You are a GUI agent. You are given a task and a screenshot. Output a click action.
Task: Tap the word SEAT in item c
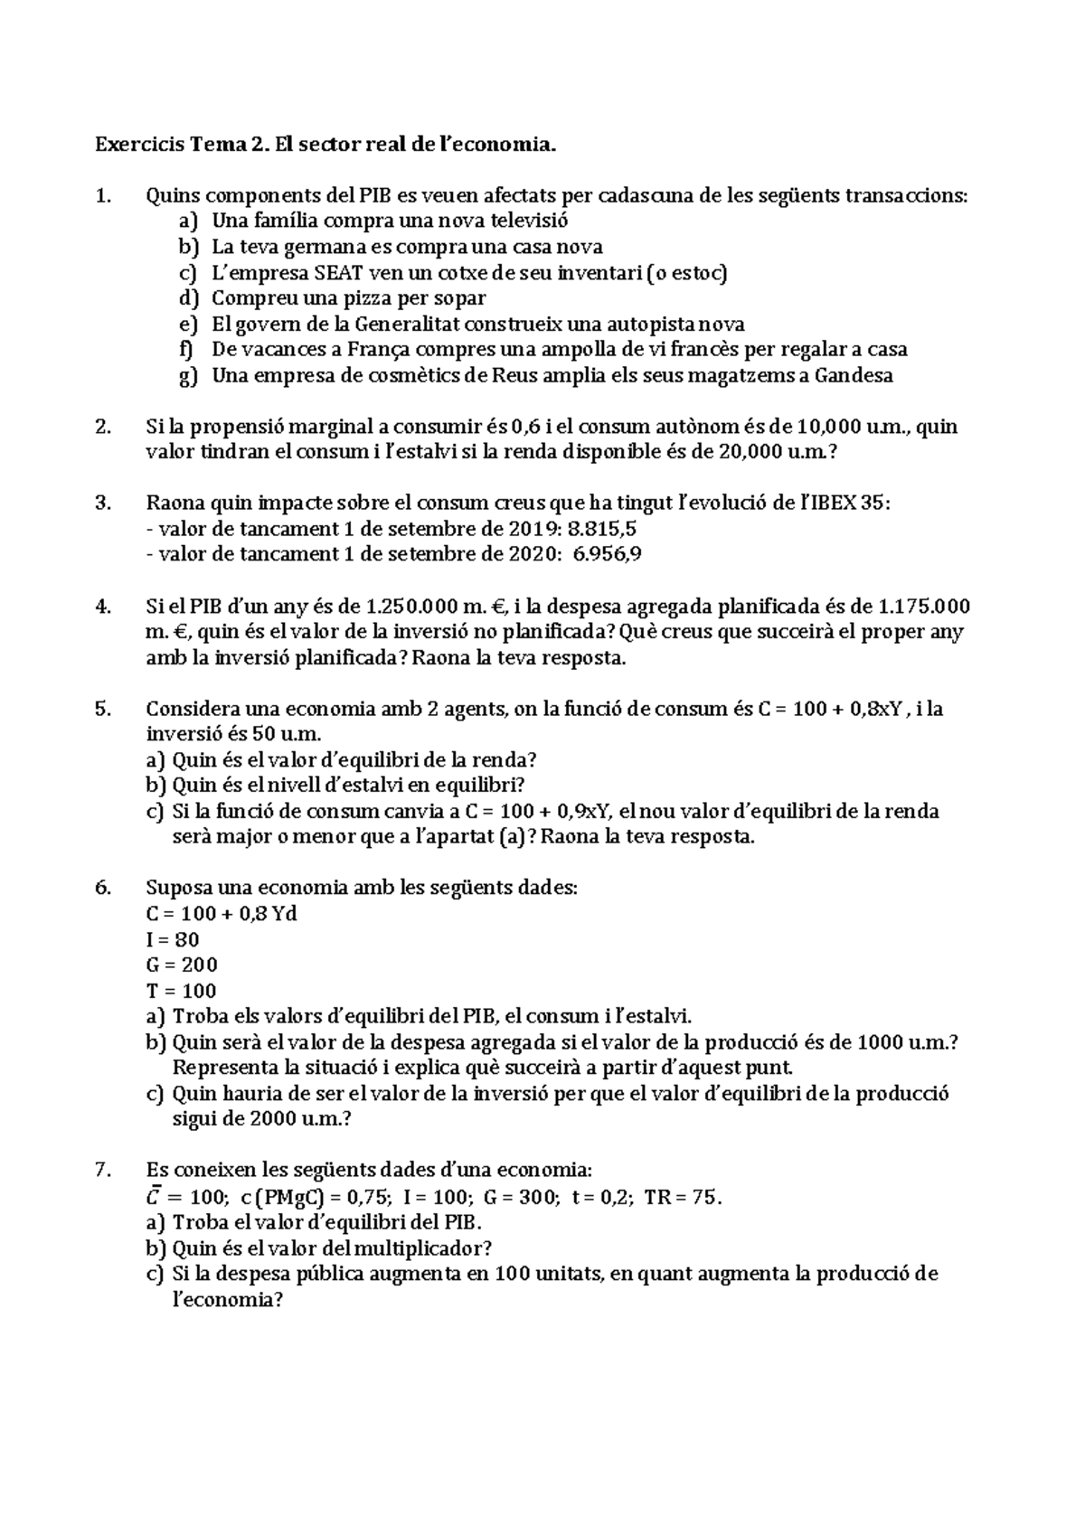[339, 272]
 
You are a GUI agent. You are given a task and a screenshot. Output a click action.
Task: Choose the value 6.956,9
[608, 554]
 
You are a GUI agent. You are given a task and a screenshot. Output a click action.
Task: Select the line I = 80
[173, 939]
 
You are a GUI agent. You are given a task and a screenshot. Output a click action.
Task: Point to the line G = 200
[182, 965]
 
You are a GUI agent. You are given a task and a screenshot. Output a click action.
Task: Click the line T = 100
[181, 990]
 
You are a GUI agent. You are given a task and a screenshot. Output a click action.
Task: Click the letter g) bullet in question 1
[187, 376]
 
